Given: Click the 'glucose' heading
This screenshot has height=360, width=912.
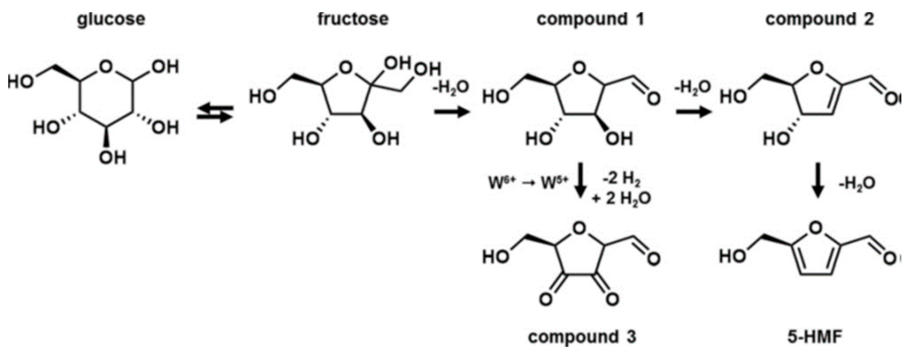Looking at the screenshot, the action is (111, 19).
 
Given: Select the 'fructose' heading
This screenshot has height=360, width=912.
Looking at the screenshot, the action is (353, 19).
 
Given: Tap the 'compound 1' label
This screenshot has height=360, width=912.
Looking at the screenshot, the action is (590, 19).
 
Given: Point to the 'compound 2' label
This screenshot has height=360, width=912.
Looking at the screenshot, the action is (819, 19).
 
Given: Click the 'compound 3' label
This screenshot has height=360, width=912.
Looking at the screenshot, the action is (582, 337).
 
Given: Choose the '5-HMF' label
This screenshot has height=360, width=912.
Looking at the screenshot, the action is (814, 337).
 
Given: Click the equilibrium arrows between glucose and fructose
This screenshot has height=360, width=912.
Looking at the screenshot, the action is (215, 114).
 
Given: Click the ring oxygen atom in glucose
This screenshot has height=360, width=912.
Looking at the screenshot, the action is (106, 66).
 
